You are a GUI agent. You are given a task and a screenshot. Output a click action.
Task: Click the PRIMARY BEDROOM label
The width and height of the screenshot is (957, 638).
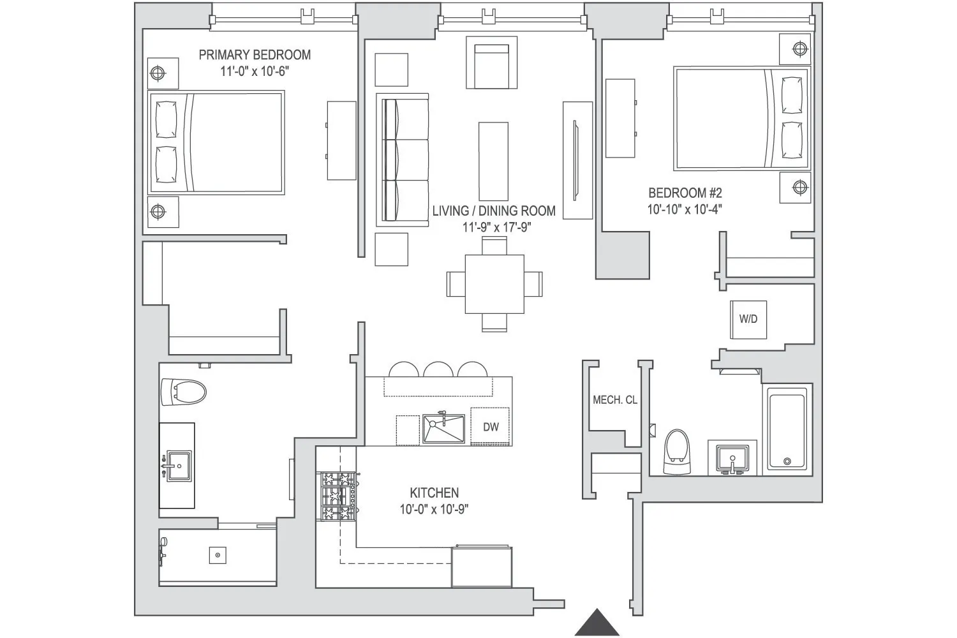tap(255, 55)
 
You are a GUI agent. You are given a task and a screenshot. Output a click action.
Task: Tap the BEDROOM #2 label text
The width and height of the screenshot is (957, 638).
tap(685, 193)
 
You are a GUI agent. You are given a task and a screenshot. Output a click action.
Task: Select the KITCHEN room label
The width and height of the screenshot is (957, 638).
tap(434, 493)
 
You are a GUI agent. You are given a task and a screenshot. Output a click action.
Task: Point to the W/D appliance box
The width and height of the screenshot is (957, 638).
tap(748, 318)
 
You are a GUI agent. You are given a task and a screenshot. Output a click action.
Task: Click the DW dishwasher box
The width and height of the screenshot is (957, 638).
tap(491, 427)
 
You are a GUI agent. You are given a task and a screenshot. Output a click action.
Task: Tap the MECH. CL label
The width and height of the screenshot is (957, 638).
tap(615, 400)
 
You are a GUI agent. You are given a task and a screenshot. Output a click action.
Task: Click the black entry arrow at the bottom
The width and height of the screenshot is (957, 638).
tap(597, 623)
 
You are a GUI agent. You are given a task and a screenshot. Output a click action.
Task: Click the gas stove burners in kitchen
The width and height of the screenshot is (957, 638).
tap(338, 496)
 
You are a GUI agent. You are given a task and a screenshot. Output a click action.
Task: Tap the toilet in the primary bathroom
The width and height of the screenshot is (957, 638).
tap(184, 392)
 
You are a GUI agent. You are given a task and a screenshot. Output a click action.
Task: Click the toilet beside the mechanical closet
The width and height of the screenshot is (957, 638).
tap(677, 452)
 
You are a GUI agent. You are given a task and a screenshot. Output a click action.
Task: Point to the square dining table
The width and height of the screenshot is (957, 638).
tap(494, 284)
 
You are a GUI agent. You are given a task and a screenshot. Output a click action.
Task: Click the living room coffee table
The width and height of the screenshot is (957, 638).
tap(493, 161)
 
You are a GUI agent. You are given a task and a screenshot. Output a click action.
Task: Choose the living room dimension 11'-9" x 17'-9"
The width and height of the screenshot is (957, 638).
tap(497, 227)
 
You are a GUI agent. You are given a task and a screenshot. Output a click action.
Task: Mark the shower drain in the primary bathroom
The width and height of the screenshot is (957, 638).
tap(218, 555)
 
